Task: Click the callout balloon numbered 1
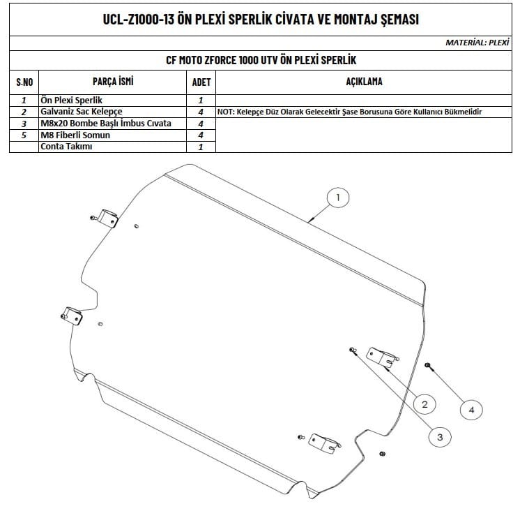tap(338, 198)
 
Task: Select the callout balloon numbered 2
tap(425, 403)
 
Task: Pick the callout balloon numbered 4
tap(471, 410)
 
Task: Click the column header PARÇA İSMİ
tap(112, 82)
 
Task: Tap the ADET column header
tap(200, 82)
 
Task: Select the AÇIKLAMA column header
tap(364, 82)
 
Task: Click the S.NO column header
tap(24, 82)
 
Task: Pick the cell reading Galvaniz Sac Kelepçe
tap(82, 112)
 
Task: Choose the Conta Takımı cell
tap(67, 147)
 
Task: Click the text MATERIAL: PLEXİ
tap(477, 43)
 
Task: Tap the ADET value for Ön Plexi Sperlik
tap(200, 101)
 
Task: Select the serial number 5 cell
tap(24, 135)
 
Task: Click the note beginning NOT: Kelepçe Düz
tap(350, 112)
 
